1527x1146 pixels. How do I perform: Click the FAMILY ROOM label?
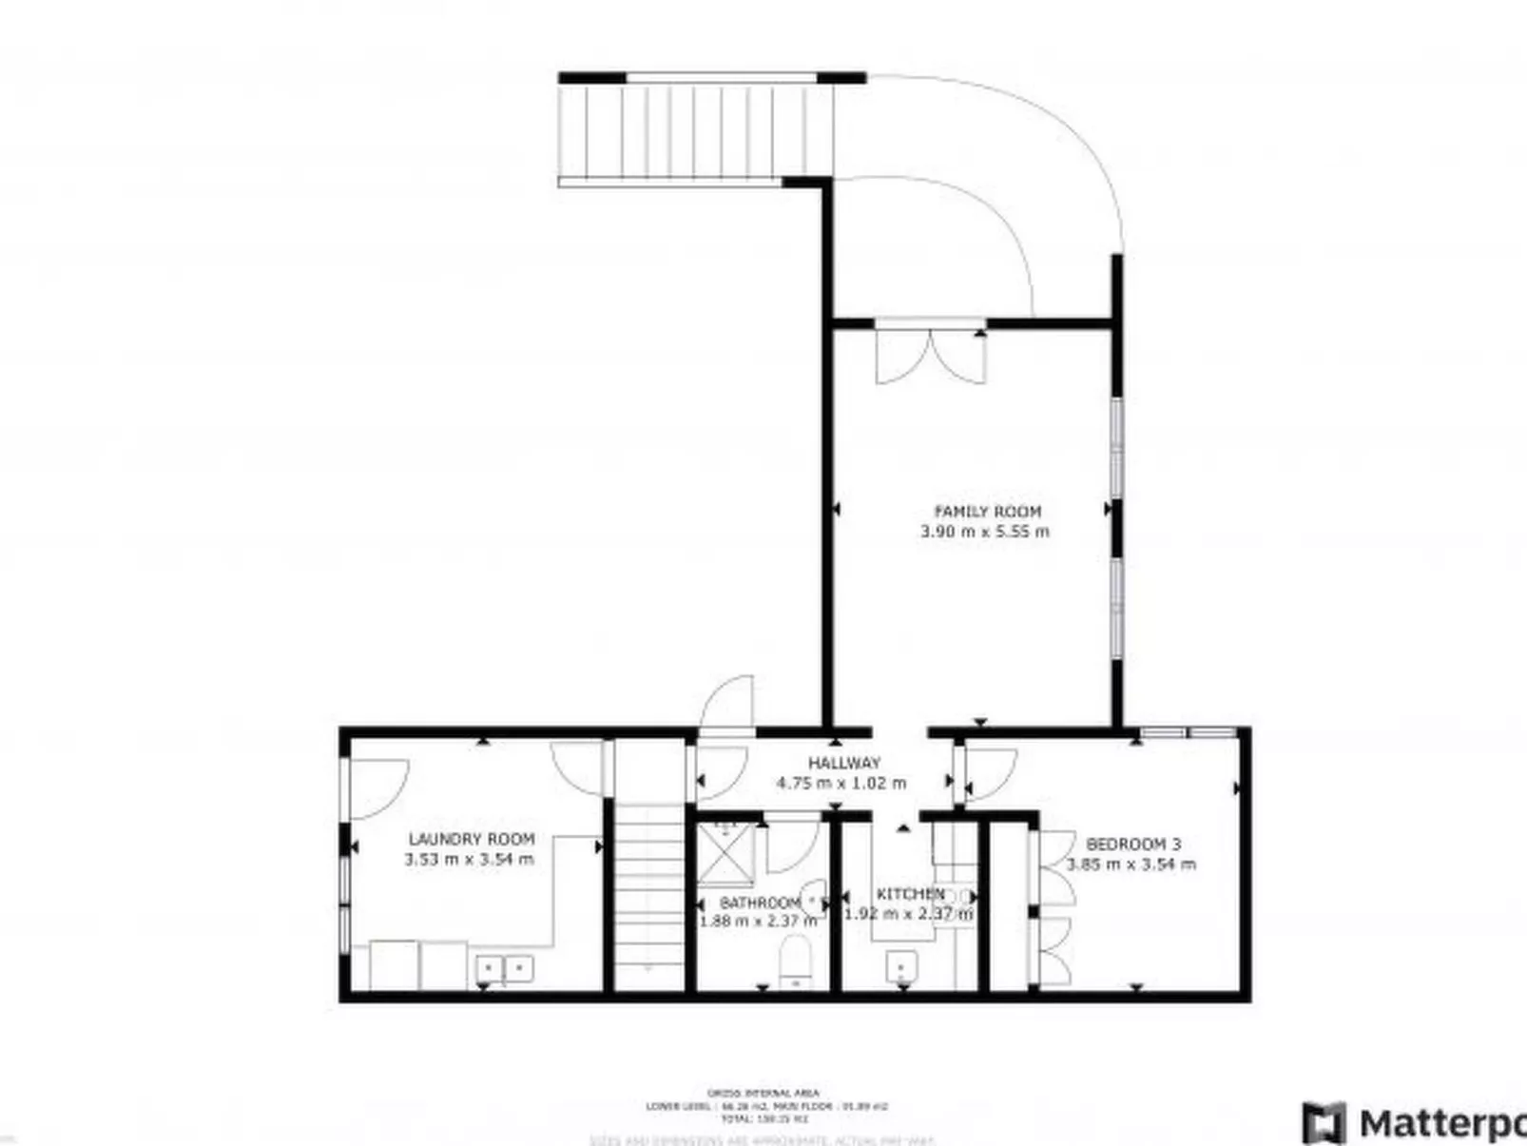(987, 511)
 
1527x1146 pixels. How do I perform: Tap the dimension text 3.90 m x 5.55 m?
(985, 532)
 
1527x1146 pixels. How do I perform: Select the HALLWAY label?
(844, 763)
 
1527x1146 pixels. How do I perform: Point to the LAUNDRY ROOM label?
(472, 839)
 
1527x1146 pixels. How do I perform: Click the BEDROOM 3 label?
(1133, 844)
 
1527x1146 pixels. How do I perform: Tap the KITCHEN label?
(910, 894)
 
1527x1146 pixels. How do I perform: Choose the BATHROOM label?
(760, 902)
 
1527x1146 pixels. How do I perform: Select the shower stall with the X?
(725, 853)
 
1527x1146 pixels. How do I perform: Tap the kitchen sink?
(901, 967)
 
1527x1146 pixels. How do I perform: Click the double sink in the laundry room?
(504, 969)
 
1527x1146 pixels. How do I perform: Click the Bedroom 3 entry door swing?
(989, 772)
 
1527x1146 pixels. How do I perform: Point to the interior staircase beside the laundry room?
(648, 894)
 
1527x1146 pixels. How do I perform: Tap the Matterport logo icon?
(1324, 1122)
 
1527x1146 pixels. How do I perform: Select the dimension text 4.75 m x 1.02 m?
(841, 784)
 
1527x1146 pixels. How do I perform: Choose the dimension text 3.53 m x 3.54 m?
(469, 860)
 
